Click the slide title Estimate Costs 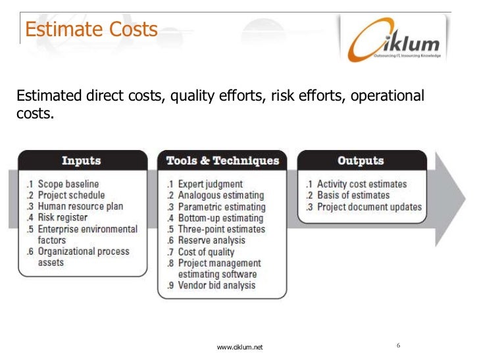point(91,30)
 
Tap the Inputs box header point(81,161)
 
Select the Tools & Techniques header point(222,161)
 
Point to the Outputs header point(360,161)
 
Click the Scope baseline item point(68,184)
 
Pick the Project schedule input point(71,195)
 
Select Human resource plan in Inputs point(80,206)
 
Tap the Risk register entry point(63,217)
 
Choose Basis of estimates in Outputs point(353,195)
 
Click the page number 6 point(399,346)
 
